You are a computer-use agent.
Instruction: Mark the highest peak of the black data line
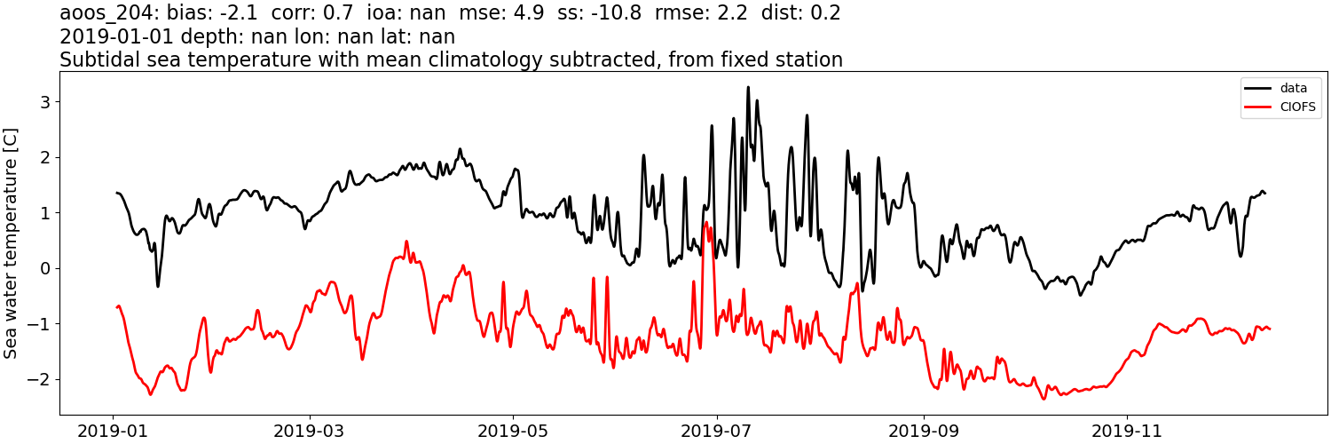[748, 87]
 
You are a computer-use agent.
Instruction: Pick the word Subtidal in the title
[99, 60]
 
